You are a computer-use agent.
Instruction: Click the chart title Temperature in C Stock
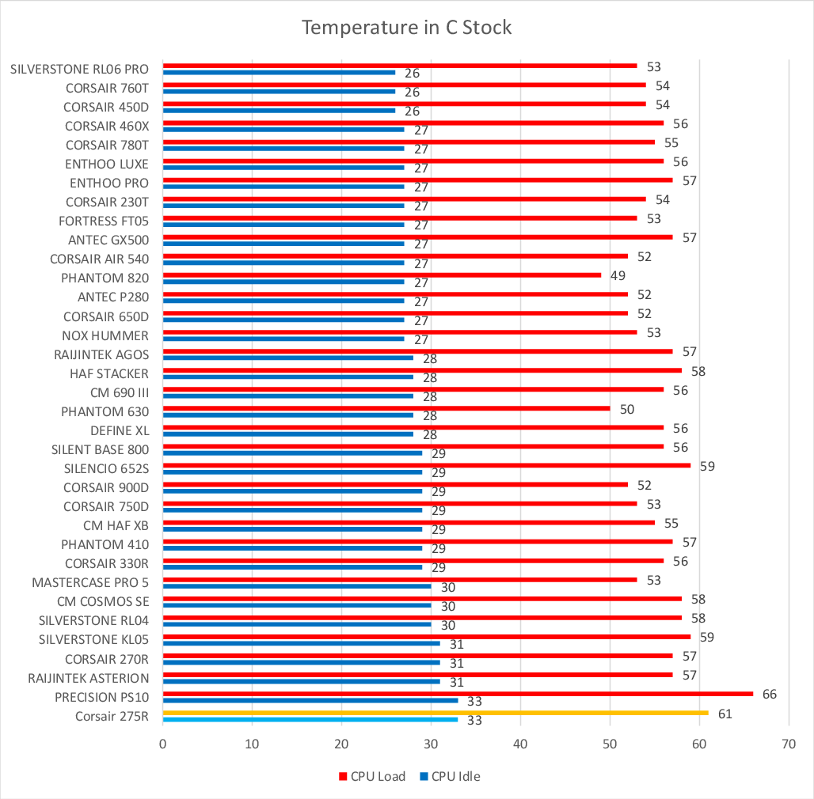tap(406, 28)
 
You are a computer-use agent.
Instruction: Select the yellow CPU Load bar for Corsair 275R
tap(435, 713)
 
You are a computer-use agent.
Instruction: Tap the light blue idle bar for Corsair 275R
tap(310, 719)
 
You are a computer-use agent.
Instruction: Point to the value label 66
tap(769, 695)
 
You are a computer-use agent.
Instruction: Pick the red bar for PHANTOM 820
tap(381, 275)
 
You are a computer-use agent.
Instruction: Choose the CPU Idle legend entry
tap(450, 776)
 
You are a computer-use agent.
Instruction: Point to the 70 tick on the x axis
tap(789, 744)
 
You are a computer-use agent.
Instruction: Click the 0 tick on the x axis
tap(162, 744)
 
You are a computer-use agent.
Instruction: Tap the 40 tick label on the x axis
tap(520, 744)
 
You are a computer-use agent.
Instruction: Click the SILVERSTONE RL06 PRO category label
tap(79, 69)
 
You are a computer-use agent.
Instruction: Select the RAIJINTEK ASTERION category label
tap(88, 678)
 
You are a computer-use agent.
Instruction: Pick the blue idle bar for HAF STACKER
tap(287, 377)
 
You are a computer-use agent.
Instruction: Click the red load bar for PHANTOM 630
tap(386, 408)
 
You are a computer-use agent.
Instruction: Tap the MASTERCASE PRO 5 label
tap(90, 582)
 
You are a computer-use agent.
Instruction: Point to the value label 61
tap(725, 714)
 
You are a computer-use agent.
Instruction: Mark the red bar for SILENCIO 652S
tap(426, 465)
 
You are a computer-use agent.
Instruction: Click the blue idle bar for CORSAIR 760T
tap(279, 91)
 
